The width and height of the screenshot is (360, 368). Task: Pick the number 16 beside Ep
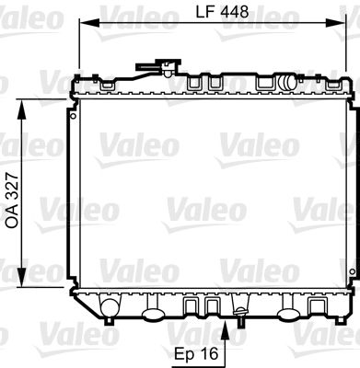(209, 352)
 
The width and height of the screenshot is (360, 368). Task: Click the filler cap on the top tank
(167, 67)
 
